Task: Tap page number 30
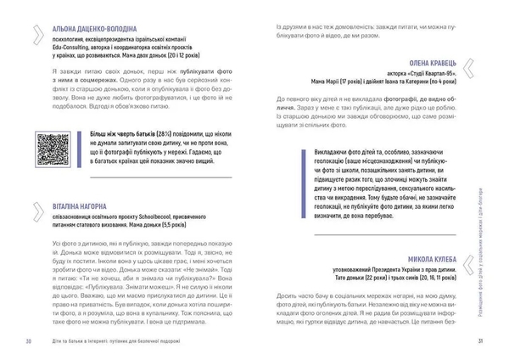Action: (29, 341)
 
